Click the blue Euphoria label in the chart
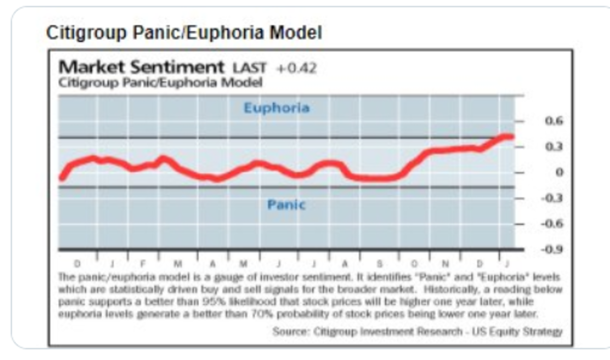point(277,108)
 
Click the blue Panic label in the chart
point(286,205)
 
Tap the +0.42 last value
point(296,68)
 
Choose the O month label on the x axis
point(414,264)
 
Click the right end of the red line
point(511,136)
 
